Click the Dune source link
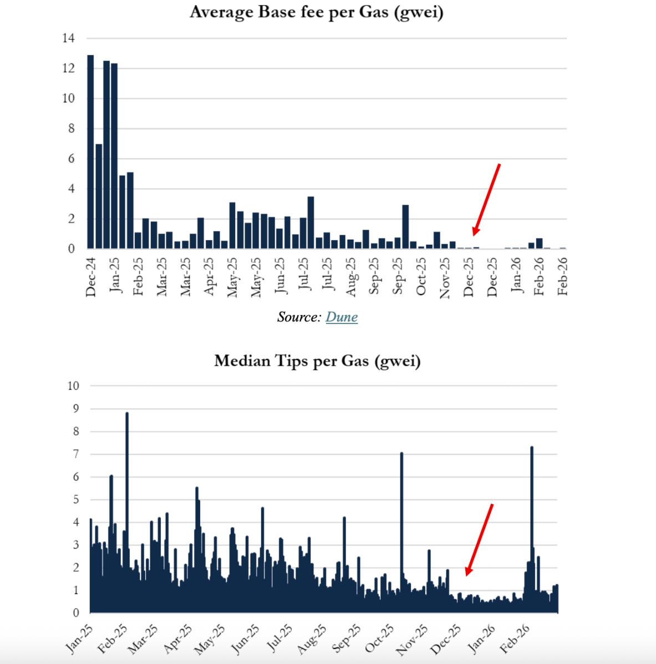tap(342, 317)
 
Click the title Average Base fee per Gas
tap(317, 12)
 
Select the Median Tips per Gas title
tap(317, 361)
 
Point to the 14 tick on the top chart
tap(69, 38)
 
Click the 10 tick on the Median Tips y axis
tap(73, 386)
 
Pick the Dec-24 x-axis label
tap(91, 276)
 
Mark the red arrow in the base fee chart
tap(486, 200)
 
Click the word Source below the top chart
tap(299, 317)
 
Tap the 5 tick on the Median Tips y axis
tap(77, 499)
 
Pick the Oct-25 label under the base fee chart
tap(421, 276)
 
